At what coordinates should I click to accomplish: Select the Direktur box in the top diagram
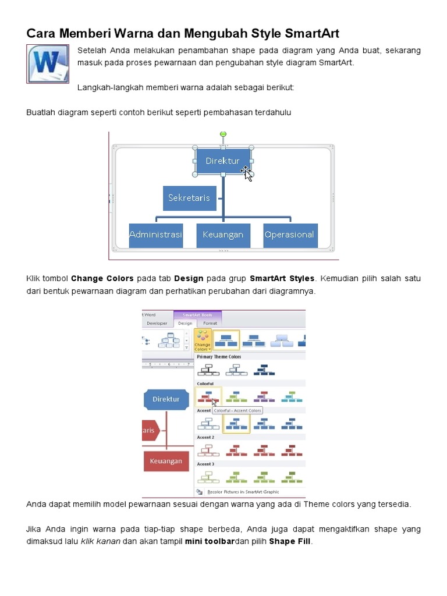[x=222, y=161]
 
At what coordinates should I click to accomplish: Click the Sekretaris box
[x=189, y=198]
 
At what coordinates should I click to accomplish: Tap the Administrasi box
[x=155, y=235]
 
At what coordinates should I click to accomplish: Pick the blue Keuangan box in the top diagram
[x=223, y=235]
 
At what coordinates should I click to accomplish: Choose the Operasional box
[x=289, y=235]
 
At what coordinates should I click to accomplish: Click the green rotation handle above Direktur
[x=223, y=134]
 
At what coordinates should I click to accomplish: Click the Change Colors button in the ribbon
[x=203, y=340]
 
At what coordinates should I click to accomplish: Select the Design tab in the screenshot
[x=185, y=324]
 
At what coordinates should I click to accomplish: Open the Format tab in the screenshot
[x=210, y=324]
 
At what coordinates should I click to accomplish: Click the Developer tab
[x=157, y=324]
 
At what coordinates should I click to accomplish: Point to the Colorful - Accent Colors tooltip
[x=237, y=410]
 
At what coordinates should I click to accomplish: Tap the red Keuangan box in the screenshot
[x=166, y=461]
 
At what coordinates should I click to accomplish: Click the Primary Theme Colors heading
[x=219, y=357]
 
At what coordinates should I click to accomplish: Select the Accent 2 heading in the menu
[x=205, y=437]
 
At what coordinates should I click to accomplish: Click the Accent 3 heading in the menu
[x=205, y=464]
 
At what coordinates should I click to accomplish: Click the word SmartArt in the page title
[x=310, y=33]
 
